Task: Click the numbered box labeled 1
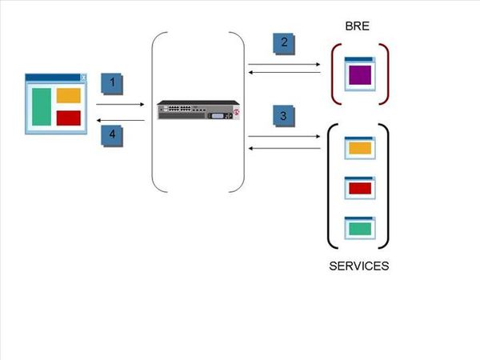tap(112, 82)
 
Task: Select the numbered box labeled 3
tap(282, 116)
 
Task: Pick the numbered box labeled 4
tap(112, 134)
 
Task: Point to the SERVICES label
tap(358, 266)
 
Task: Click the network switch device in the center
tap(198, 110)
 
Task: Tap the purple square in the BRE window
tap(358, 76)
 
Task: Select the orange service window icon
tap(358, 148)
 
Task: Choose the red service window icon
tap(358, 188)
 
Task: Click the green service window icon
tap(358, 229)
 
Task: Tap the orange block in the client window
tap(69, 95)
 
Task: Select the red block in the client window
tap(69, 118)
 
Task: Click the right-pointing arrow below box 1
tap(120, 103)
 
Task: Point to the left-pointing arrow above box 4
tap(120, 120)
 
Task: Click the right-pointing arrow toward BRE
tap(284, 63)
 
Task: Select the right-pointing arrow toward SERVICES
tap(284, 137)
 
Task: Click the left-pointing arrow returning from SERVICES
tap(284, 148)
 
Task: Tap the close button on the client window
tap(83, 78)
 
